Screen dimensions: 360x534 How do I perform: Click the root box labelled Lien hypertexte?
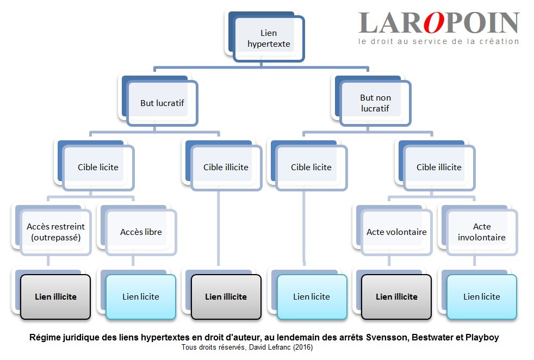click(x=269, y=38)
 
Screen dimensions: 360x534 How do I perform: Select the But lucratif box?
click(x=163, y=102)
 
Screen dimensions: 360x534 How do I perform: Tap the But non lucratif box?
click(x=375, y=102)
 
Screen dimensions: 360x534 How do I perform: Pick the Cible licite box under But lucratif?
click(x=98, y=167)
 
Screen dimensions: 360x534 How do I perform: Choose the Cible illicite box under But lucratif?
click(x=226, y=167)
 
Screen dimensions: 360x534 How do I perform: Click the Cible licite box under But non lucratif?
click(x=311, y=167)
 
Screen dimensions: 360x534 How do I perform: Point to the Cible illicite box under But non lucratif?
click(x=439, y=167)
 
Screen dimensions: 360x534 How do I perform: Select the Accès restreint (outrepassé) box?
click(x=55, y=232)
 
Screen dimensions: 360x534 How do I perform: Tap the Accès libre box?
click(x=141, y=232)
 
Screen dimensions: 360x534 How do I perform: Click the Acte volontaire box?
click(x=396, y=232)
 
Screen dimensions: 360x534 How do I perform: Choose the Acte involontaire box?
click(x=482, y=232)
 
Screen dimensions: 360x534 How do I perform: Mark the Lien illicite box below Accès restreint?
click(x=55, y=296)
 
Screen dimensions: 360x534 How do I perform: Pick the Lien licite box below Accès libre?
click(x=141, y=296)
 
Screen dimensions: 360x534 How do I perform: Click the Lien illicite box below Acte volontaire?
click(x=396, y=296)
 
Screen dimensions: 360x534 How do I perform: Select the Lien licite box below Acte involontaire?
click(x=482, y=296)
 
